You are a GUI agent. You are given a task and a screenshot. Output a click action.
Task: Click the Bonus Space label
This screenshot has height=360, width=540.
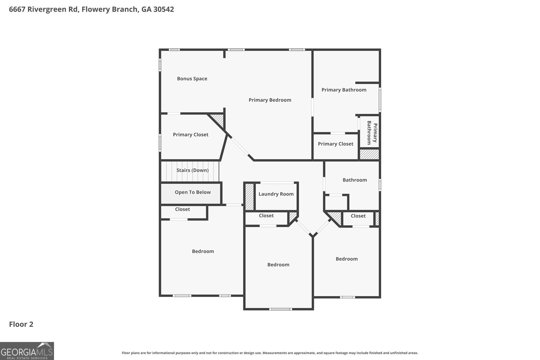[x=192, y=79]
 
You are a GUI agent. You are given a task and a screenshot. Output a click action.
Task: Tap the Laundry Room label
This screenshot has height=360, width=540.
[x=276, y=194]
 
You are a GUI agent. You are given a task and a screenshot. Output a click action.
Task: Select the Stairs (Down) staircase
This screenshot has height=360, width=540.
[x=190, y=171]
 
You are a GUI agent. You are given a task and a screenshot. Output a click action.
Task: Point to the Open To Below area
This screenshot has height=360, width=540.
[x=191, y=193]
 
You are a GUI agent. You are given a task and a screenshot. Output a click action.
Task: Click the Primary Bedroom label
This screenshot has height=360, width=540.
[x=270, y=100]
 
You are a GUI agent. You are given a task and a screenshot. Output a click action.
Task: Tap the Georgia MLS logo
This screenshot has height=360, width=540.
[x=27, y=351]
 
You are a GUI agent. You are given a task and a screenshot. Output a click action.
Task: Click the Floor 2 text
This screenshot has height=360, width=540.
[x=21, y=324]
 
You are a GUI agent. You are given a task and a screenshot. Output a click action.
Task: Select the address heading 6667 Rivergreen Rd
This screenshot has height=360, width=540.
[x=91, y=9]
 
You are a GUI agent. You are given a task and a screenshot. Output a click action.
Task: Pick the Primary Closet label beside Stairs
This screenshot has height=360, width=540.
[x=191, y=135]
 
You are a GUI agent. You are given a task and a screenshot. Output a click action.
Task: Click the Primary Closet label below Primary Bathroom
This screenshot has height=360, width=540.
[x=335, y=144]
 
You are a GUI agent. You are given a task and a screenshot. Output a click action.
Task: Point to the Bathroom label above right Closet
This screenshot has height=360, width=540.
[x=355, y=180]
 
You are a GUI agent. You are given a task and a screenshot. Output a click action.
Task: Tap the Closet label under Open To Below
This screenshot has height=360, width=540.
[x=183, y=209]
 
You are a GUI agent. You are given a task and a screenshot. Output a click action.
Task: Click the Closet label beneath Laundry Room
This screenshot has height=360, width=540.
[x=266, y=216]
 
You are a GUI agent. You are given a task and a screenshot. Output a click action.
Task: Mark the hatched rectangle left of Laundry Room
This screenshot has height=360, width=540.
[x=249, y=197]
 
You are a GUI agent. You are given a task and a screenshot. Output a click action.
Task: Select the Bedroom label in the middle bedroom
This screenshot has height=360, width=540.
[x=278, y=265]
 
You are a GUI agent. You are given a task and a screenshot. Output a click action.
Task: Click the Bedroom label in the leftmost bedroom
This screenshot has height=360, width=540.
[x=203, y=251]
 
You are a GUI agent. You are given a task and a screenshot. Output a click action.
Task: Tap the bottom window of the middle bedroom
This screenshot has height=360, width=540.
[x=280, y=309]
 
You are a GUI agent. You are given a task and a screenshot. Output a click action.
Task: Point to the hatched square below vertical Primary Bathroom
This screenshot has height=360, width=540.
[x=369, y=154]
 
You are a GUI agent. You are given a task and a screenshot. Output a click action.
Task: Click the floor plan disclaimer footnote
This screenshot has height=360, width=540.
[x=270, y=353]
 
